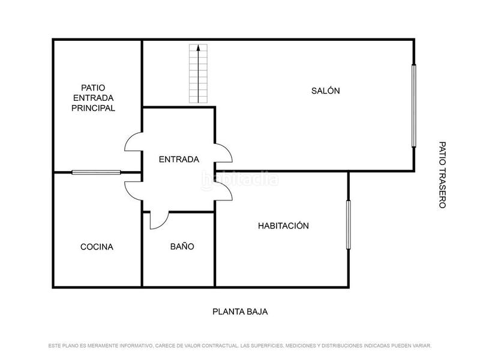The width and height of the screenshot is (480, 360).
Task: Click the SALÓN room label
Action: [x=325, y=91]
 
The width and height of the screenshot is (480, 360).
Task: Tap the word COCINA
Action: [x=97, y=247]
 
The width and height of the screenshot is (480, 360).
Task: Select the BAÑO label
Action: [x=182, y=247]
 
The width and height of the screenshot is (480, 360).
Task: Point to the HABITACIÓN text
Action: [x=283, y=226]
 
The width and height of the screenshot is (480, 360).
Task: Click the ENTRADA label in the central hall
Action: [x=179, y=160]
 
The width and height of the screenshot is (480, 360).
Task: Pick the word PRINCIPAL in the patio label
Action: [x=93, y=109]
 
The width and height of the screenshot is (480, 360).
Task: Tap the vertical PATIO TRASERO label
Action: [x=442, y=175]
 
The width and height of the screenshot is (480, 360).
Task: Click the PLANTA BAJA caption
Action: [x=240, y=312]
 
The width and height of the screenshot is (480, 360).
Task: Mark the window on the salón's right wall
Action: [x=413, y=105]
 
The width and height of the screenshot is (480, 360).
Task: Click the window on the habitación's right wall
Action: [x=348, y=224]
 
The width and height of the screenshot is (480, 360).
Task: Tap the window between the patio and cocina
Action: [x=97, y=172]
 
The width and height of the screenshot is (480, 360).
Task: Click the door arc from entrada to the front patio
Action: [x=132, y=144]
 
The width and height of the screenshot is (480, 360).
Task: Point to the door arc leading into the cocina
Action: [x=132, y=189]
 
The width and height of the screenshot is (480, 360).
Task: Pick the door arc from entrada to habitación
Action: [x=224, y=191]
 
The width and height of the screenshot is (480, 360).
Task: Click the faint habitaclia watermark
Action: [x=239, y=178]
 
